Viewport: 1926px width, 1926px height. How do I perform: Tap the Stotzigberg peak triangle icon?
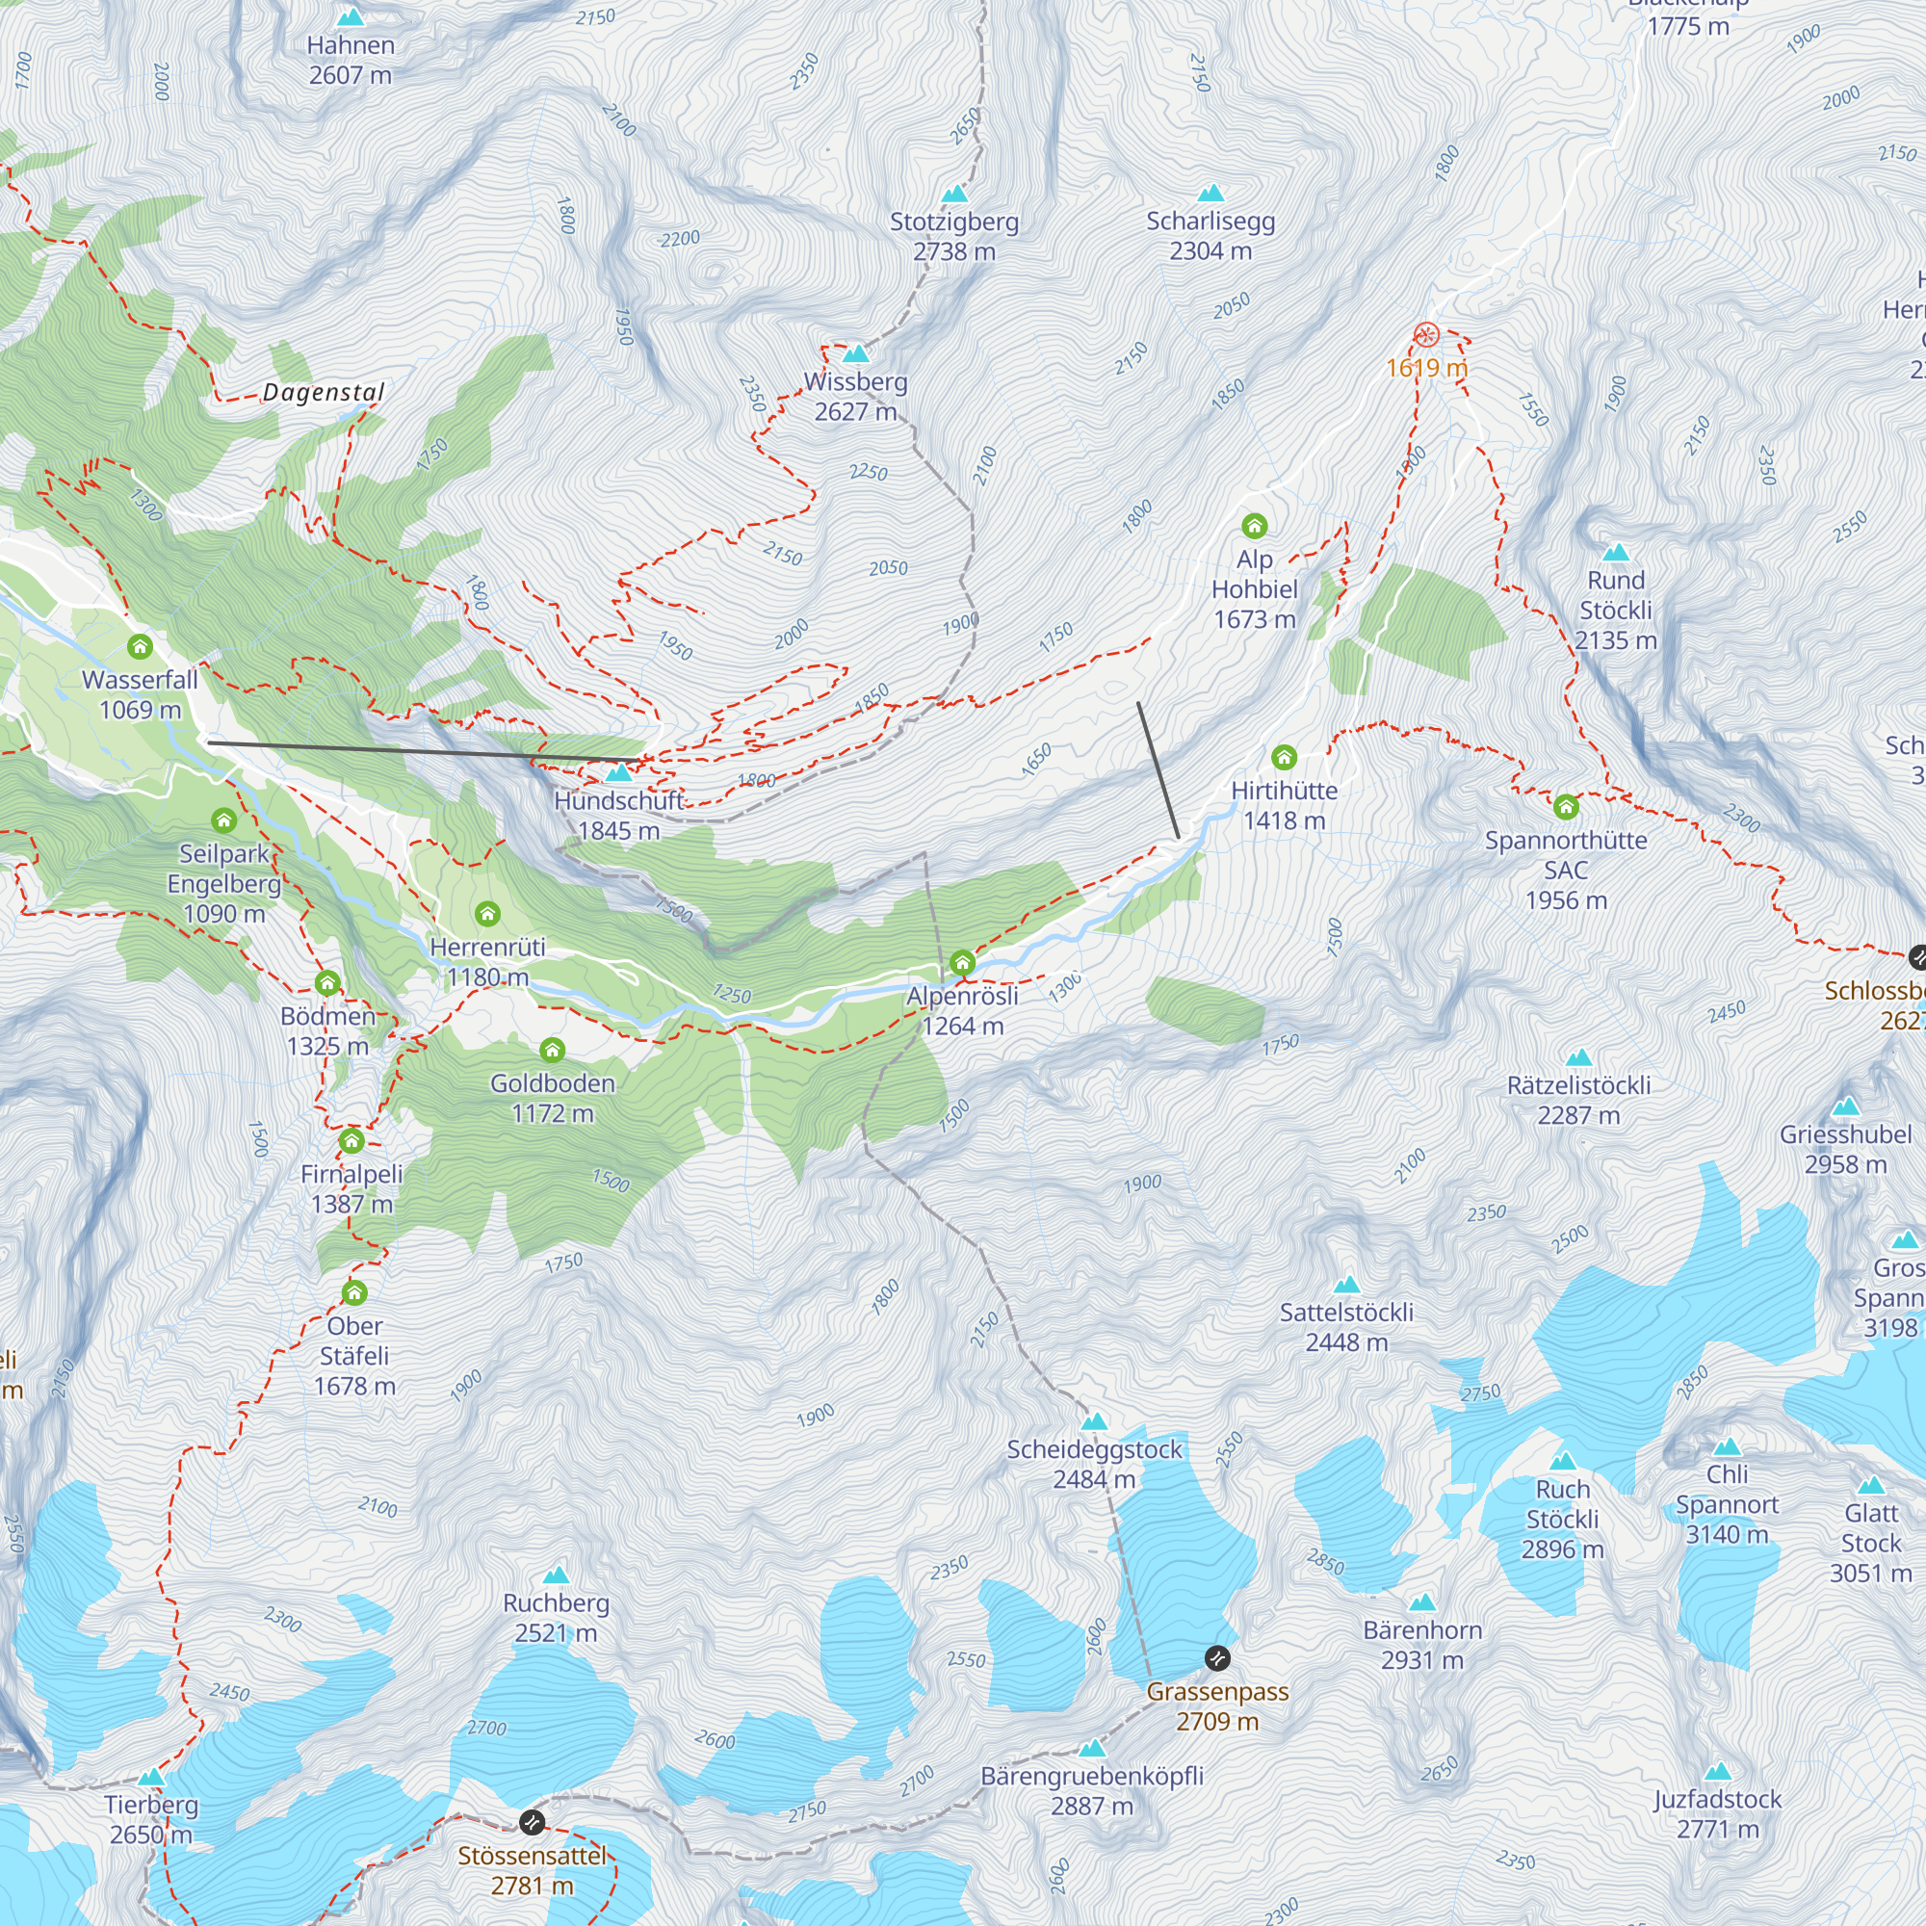(954, 194)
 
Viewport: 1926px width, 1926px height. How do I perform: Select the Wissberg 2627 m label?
(855, 396)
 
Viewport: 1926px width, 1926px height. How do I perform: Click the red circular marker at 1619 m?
(1426, 335)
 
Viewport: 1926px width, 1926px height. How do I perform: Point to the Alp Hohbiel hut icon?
(1254, 526)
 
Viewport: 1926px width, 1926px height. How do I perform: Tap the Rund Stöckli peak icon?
(1615, 552)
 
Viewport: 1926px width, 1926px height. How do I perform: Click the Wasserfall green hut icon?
(141, 647)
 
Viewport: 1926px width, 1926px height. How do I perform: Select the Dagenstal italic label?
(323, 392)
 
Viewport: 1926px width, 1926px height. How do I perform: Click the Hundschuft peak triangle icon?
(619, 772)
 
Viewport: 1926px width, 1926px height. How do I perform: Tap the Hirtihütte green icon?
(1284, 758)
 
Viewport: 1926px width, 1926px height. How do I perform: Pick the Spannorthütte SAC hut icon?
(1566, 806)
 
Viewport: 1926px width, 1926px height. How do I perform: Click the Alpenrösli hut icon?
(962, 963)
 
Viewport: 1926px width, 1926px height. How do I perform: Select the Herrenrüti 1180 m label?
(487, 961)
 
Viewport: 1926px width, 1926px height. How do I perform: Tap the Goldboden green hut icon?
(552, 1050)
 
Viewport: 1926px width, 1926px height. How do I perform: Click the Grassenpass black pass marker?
(1217, 1659)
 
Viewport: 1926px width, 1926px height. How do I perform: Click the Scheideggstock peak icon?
(1095, 1421)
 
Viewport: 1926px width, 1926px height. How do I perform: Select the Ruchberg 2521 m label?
(556, 1617)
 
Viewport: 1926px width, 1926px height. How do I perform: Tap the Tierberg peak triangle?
(151, 1778)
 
